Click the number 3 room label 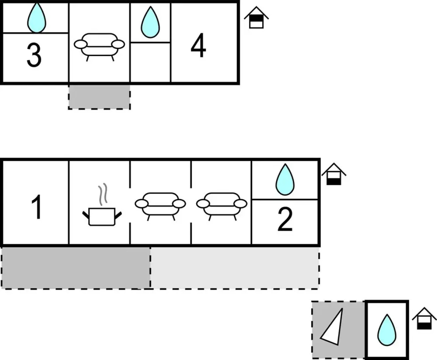(34, 55)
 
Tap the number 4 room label (198, 46)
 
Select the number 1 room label (36, 207)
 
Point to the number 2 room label (285, 219)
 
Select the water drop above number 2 (285, 180)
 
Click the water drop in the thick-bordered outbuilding (387, 330)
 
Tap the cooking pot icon (102, 216)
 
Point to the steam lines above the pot (103, 193)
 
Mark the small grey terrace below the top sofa (99, 97)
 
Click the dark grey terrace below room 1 (76, 268)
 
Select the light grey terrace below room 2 (235, 268)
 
